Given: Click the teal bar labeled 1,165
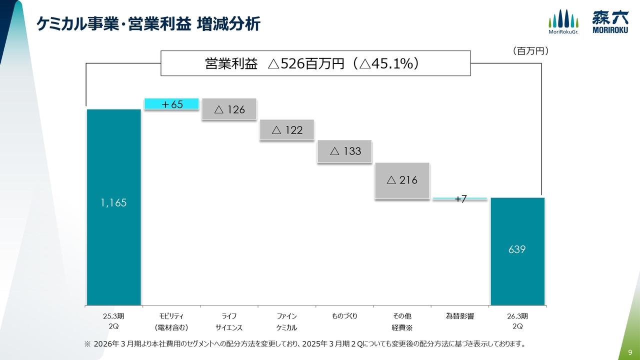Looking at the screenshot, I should (x=113, y=206).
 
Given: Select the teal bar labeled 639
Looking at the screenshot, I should (x=517, y=251).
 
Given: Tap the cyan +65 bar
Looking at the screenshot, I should (x=171, y=104).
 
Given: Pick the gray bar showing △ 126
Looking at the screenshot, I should (x=229, y=109).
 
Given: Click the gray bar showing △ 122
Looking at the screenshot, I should (x=287, y=130).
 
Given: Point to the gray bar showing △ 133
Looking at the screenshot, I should (x=345, y=151).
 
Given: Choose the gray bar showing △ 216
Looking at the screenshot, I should (x=402, y=180).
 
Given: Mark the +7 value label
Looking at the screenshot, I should (x=460, y=199).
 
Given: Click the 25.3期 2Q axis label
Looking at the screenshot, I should (x=113, y=321).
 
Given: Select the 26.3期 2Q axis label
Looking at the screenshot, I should (x=517, y=321).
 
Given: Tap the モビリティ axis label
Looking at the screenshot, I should (x=171, y=321).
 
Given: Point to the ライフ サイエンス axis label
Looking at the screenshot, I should (x=229, y=321).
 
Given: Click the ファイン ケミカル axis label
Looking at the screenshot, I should (x=287, y=321).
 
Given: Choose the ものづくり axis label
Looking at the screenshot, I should (x=344, y=316).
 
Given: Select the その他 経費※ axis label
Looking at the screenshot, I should (x=402, y=321).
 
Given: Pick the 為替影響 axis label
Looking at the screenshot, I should (x=459, y=316).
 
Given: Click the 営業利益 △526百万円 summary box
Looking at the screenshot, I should (x=315, y=63).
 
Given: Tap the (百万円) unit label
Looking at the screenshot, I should (x=530, y=51).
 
